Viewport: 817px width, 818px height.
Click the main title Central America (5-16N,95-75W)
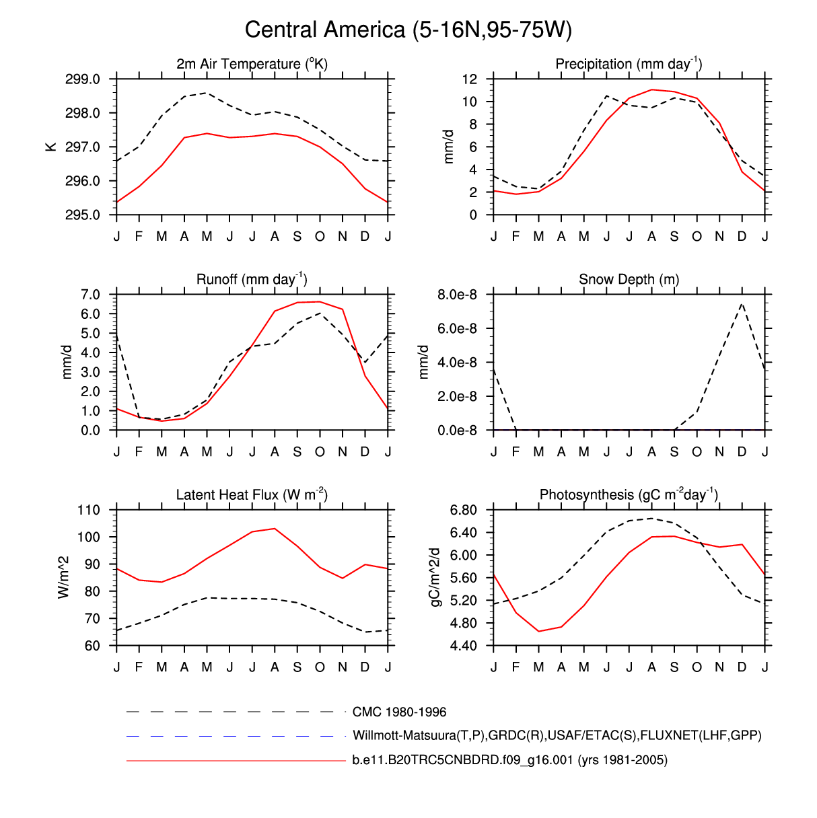[x=408, y=30]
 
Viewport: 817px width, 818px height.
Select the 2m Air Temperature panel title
[x=252, y=65]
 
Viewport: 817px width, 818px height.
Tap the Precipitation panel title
[x=629, y=65]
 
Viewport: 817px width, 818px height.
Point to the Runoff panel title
[x=252, y=280]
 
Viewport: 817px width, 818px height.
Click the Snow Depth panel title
[x=629, y=280]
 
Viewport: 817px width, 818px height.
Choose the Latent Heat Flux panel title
[x=252, y=495]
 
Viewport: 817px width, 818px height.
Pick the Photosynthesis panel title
[x=629, y=495]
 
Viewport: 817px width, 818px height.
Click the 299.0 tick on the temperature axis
[x=83, y=79]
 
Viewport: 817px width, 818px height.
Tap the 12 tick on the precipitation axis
[x=469, y=79]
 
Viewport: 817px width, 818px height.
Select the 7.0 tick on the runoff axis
[x=90, y=295]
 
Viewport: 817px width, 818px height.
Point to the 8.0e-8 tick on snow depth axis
[x=457, y=295]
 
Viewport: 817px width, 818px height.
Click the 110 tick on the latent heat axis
[x=88, y=510]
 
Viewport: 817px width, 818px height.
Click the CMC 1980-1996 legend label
[x=399, y=712]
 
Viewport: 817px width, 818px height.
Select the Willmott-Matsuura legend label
[x=557, y=735]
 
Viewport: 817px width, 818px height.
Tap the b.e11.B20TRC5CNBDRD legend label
[x=509, y=760]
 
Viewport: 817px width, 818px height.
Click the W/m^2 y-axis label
[x=65, y=577]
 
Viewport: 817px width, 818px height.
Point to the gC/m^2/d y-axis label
[x=435, y=577]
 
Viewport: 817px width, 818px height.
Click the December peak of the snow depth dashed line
[x=742, y=304]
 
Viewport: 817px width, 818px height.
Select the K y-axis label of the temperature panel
[x=51, y=147]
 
